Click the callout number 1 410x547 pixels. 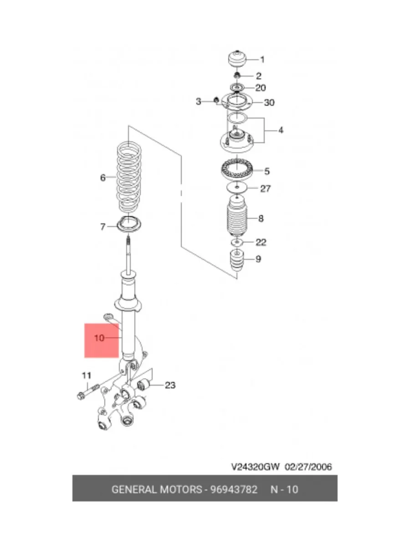[x=262, y=60]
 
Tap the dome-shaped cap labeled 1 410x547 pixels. [x=237, y=59]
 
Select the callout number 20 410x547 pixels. [x=261, y=88]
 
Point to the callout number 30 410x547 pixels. [x=269, y=103]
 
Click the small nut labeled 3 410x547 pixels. [x=216, y=100]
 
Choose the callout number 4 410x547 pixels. [x=281, y=130]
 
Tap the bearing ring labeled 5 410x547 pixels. [x=237, y=169]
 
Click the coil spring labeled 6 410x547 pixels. [x=129, y=179]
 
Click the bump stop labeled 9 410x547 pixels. [x=237, y=261]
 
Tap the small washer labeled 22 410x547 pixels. [x=237, y=242]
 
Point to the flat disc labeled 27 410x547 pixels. [x=237, y=187]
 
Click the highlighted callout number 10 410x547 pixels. [x=99, y=338]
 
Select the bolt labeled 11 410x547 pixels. [x=88, y=392]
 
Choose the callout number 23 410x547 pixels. [x=170, y=385]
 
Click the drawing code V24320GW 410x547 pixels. [x=256, y=467]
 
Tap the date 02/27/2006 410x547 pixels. [x=308, y=467]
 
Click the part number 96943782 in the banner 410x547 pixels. [x=234, y=490]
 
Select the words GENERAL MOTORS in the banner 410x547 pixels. [x=157, y=490]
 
